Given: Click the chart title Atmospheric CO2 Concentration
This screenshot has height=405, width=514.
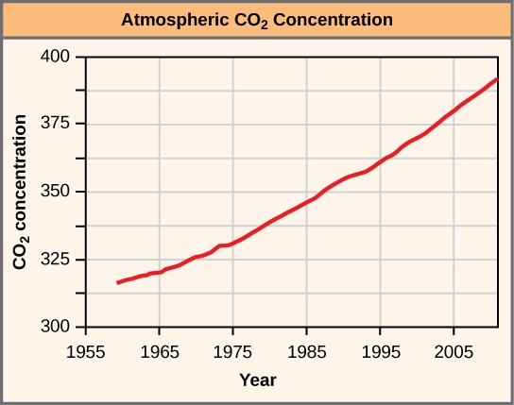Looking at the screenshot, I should coord(257,19).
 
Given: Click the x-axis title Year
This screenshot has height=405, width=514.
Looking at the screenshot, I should coord(257,380).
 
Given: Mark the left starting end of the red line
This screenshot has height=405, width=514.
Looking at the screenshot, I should coord(118,282).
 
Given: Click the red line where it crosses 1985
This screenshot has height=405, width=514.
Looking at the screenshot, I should coord(306,202).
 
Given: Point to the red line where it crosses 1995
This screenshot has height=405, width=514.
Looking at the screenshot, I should coord(380,160).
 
